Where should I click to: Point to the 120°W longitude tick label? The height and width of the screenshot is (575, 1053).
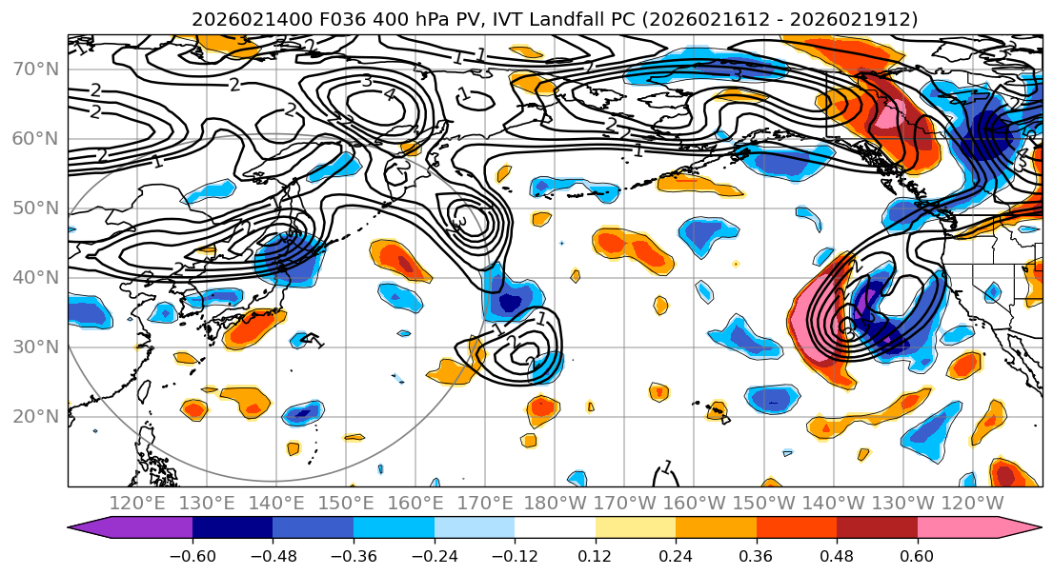click(973, 503)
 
